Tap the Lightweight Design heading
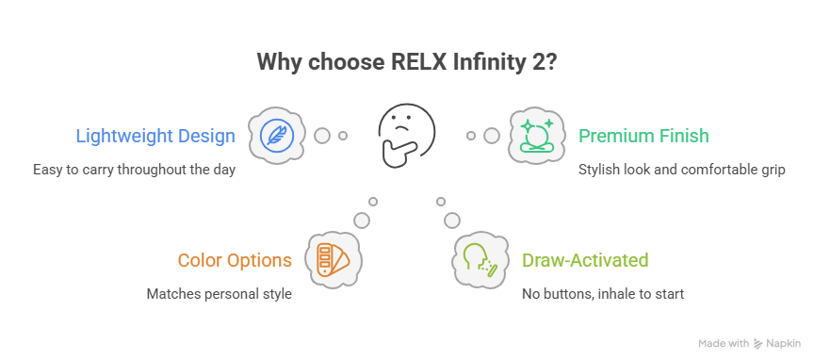coord(155,136)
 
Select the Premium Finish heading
coord(643,136)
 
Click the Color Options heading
coord(235,260)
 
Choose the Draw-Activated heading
coord(584,260)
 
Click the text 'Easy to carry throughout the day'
coord(133,170)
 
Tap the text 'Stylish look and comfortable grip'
coord(679,170)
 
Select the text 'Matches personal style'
coord(219,294)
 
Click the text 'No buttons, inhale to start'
coord(602,294)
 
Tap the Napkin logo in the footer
coord(777,344)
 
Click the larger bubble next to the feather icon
coord(322,136)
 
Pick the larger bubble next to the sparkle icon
coord(491,136)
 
